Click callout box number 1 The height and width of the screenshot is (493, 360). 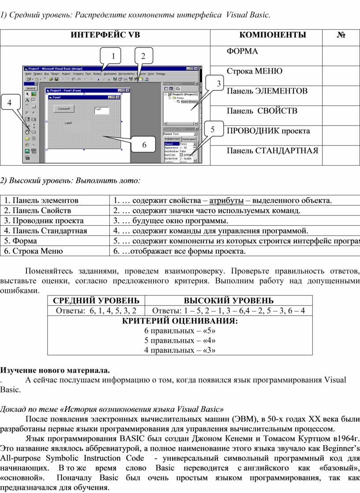pos(113,56)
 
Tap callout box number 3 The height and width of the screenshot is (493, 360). pos(218,83)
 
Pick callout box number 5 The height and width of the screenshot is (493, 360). pos(213,130)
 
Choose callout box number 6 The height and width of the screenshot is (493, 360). pos(144,144)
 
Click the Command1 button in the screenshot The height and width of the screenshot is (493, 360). pos(64,108)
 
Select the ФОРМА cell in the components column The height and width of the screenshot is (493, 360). pos(242,52)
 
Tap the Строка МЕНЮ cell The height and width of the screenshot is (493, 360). pos(255,71)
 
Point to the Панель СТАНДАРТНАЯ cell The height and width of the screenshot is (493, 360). pos(272,151)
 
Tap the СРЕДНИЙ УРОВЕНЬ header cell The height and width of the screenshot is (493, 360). pos(96,301)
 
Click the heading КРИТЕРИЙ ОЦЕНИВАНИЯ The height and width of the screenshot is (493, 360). pos(180,321)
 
